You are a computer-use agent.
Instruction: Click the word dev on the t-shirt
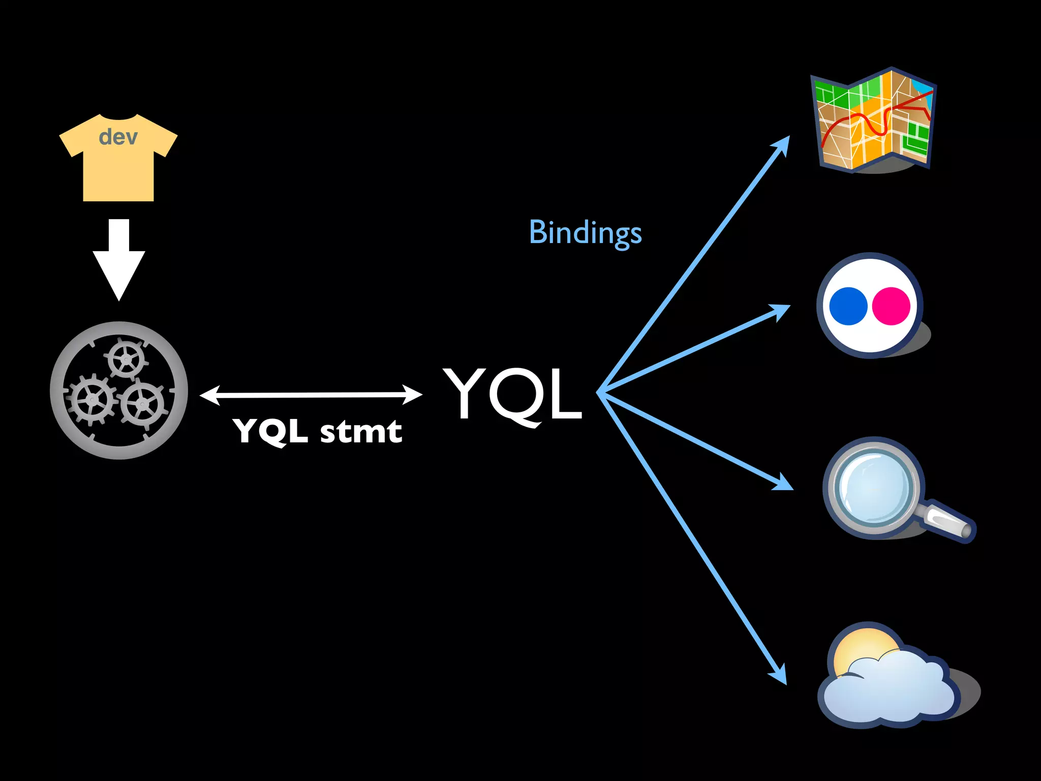tap(118, 137)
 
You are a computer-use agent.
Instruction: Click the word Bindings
tap(585, 233)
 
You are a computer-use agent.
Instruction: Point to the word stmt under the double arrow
tap(361, 432)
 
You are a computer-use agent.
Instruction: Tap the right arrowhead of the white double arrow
tap(412, 394)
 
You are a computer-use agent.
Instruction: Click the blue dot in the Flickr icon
tap(848, 306)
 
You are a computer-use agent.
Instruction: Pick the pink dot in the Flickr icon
tap(891, 306)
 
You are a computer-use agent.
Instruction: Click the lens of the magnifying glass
tap(873, 487)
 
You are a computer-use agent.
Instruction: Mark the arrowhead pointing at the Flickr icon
tap(781, 310)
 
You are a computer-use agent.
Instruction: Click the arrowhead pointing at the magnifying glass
tap(783, 483)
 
